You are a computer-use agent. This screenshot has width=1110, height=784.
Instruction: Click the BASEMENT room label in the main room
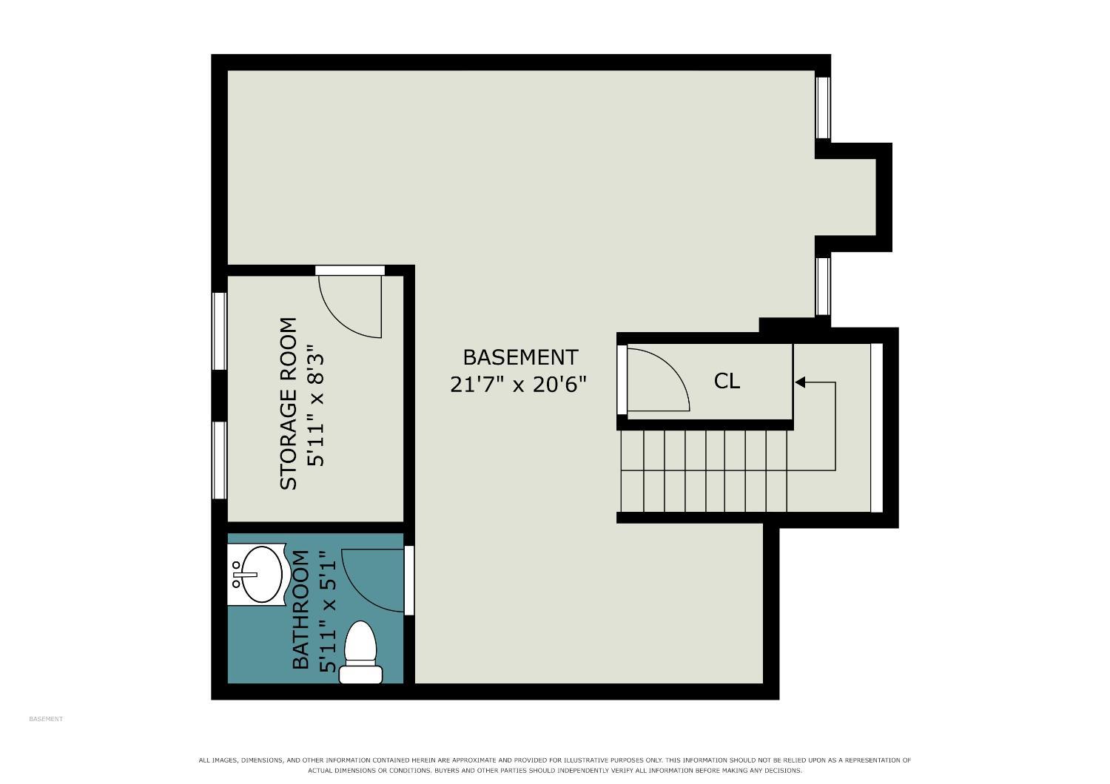coord(520,357)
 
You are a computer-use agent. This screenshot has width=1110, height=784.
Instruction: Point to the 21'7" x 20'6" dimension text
coord(518,385)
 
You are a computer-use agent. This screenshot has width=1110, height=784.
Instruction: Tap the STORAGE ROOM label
coord(289,404)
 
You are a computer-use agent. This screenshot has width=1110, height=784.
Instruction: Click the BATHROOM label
coord(300,609)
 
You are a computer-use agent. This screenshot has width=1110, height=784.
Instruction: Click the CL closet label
coord(727,382)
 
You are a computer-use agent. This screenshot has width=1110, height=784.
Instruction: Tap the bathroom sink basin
coord(261,575)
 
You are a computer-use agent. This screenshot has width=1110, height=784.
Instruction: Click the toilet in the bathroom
coord(360,653)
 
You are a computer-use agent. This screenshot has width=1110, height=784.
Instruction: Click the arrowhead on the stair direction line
coord(800,382)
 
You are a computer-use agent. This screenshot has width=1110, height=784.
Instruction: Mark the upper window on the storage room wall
coord(220,331)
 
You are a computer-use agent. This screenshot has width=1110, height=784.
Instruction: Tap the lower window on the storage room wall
coord(220,460)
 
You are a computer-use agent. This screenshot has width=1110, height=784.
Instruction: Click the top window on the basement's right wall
coord(823,107)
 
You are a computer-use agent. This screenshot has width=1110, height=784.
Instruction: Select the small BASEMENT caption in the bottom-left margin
coord(46,719)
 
